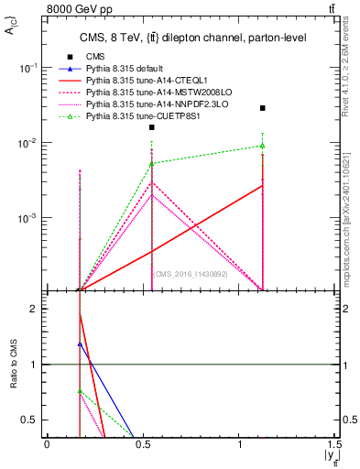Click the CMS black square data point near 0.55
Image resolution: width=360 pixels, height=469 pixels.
(x=152, y=127)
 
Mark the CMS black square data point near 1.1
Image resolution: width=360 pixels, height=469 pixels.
(x=263, y=108)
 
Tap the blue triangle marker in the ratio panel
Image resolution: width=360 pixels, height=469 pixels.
(x=80, y=344)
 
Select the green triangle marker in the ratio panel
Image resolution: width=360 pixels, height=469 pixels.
(x=80, y=391)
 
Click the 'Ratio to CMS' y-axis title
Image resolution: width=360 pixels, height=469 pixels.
(x=12, y=364)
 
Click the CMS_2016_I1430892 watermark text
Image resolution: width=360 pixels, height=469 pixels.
(x=191, y=274)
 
